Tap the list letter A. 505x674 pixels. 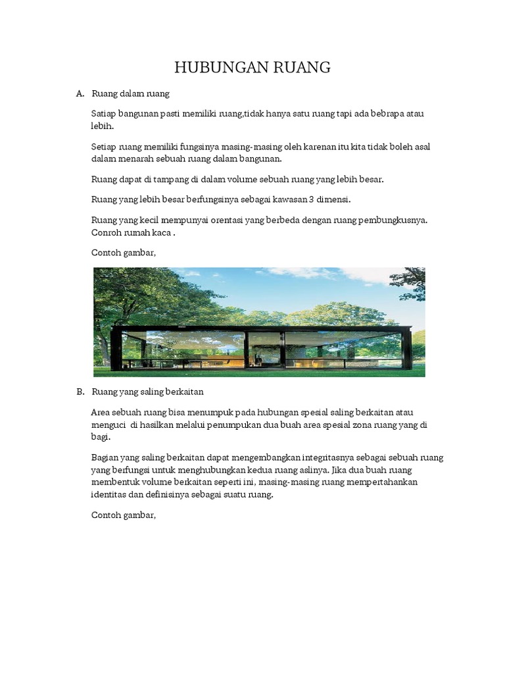pos(80,94)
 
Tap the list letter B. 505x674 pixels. pos(80,392)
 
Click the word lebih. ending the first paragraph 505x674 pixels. pos(103,125)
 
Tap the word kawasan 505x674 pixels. pos(281,199)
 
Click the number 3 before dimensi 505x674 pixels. pos(312,199)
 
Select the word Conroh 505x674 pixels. pos(105,232)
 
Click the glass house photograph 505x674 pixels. pos(259,322)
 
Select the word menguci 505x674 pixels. pos(108,425)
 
